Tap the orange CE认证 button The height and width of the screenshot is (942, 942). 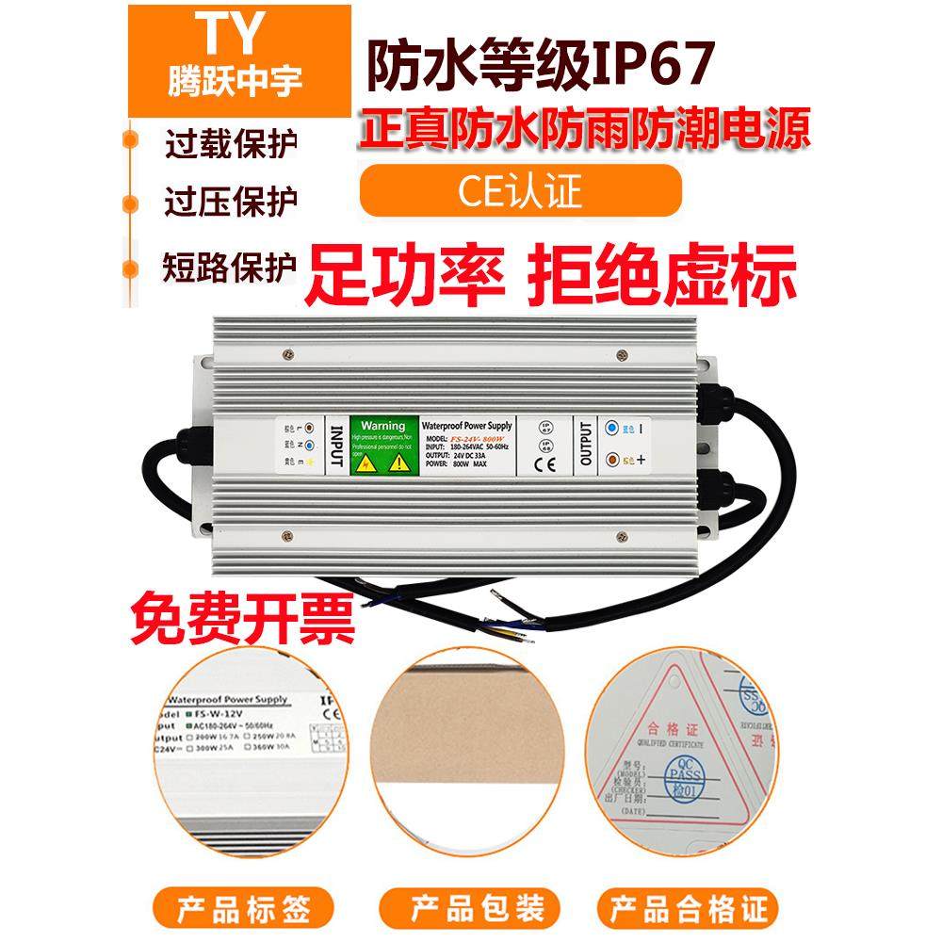click(x=521, y=190)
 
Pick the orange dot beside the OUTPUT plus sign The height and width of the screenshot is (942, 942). click(x=613, y=461)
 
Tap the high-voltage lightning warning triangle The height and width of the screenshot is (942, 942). click(x=365, y=463)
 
